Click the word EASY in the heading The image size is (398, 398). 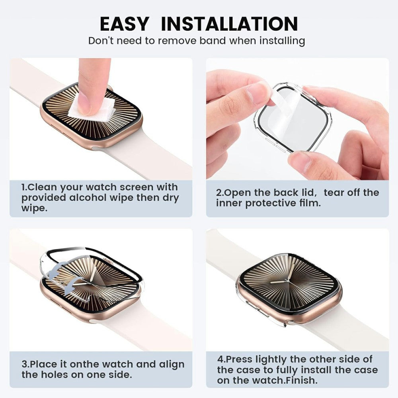coord(124,24)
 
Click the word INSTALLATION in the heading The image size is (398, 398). coord(229,24)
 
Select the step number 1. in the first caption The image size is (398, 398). coord(24,187)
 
